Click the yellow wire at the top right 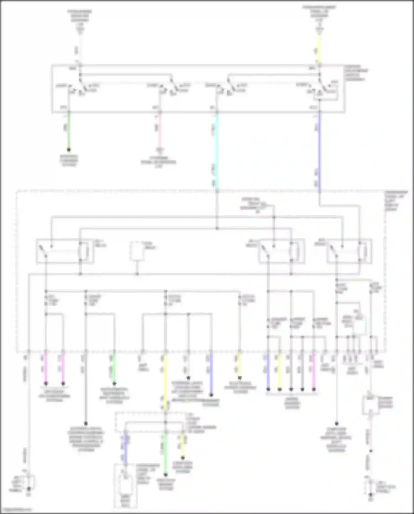(x=319, y=50)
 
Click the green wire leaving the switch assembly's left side (x=69, y=130)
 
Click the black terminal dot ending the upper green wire (x=69, y=150)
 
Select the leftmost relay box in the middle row (x=65, y=251)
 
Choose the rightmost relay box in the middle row (x=349, y=251)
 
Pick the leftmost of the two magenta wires (x=46, y=367)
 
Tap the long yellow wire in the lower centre (x=166, y=381)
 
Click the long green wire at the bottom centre (x=166, y=453)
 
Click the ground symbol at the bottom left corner (x=29, y=489)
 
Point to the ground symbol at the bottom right (x=371, y=494)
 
